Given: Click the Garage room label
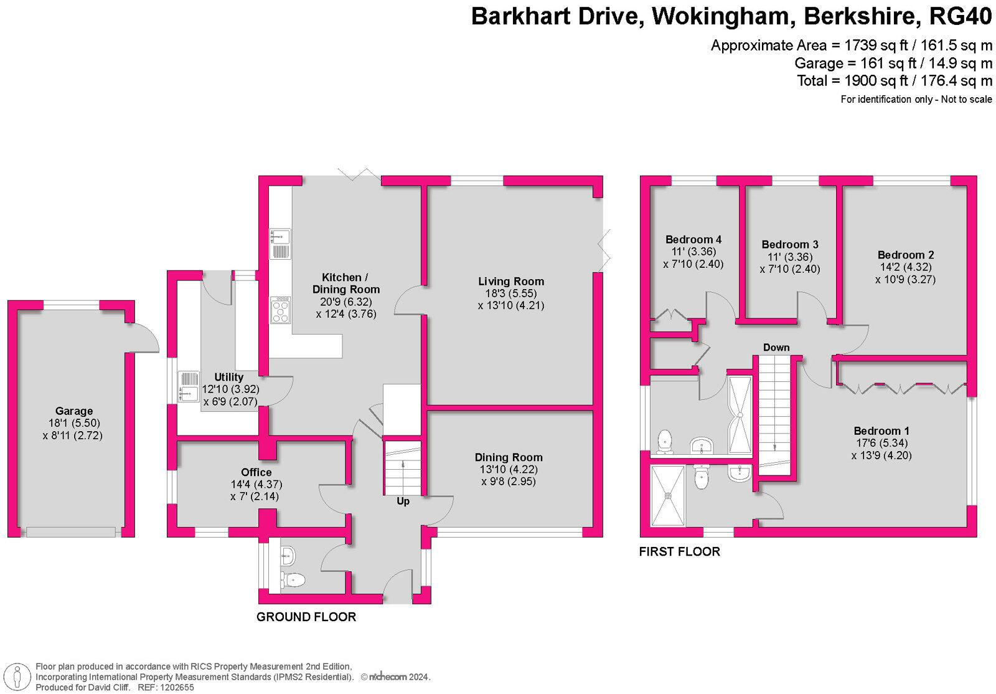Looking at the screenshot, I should pos(73,411).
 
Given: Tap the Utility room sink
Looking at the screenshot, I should pos(189,386).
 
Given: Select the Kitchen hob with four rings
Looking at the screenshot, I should pos(280,310).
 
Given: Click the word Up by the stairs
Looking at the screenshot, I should pos(403,501).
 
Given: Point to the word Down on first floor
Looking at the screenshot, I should pos(776,348).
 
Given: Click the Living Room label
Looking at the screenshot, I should pos(511,282).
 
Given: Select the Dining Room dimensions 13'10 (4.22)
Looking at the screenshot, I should pos(509,470).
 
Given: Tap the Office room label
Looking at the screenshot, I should pos(256,472).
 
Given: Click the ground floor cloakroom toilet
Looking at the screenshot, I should pos(293,581).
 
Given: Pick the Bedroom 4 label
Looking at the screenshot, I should pos(693,240).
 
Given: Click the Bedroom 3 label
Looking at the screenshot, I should pos(790,245).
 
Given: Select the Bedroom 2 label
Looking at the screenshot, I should pos(906,255).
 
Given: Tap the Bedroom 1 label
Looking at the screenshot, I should pos(881,431).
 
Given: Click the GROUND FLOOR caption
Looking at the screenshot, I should pos(306,617).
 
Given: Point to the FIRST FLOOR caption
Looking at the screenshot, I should pos(679,552).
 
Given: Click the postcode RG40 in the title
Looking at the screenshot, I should pos(960,17).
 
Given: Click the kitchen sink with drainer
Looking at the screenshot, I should pos(280,244).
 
